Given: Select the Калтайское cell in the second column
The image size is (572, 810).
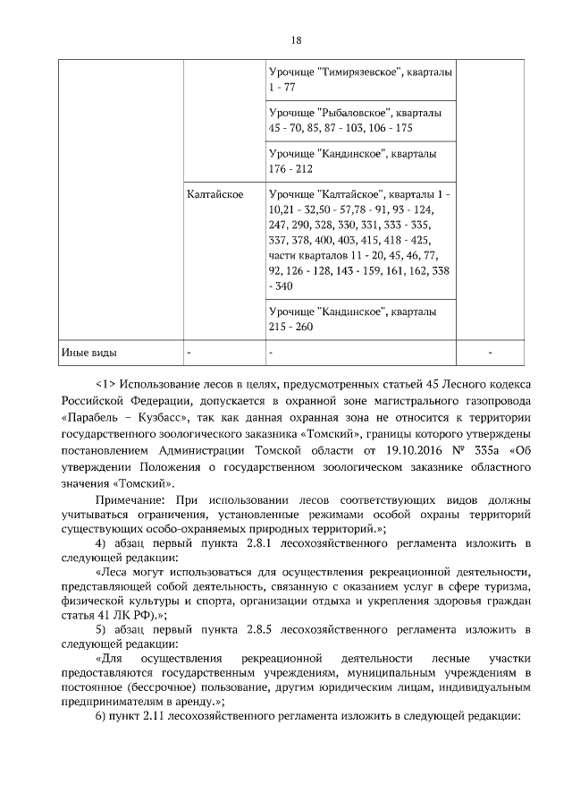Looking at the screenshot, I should pos(215,194).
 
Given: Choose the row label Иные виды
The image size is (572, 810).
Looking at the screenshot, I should pos(88,352).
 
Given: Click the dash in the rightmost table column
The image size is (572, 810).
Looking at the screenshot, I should pos(490,353).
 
